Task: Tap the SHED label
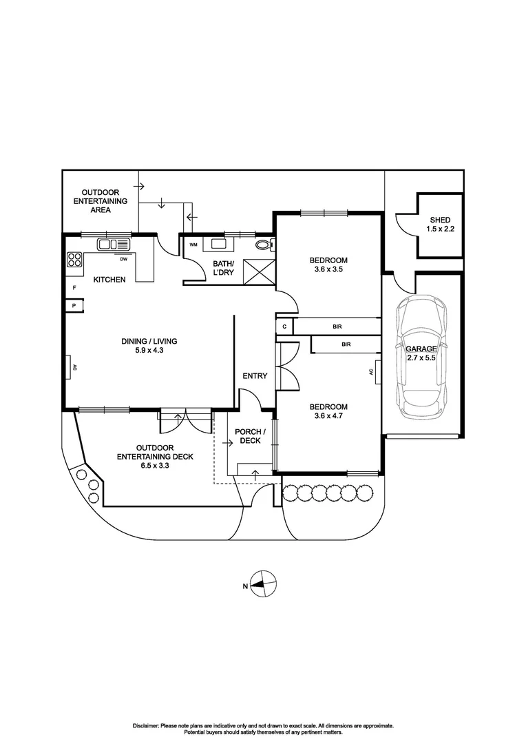(440, 220)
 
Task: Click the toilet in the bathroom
(264, 244)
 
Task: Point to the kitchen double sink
(114, 244)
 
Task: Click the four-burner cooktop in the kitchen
(75, 260)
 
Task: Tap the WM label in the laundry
(193, 245)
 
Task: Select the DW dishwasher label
(124, 260)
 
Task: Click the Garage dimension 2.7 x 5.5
(422, 358)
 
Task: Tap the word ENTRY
(255, 375)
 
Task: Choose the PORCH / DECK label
(248, 436)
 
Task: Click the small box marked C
(284, 327)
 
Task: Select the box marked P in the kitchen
(73, 304)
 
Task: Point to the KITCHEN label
(110, 280)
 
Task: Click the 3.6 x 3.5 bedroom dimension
(328, 270)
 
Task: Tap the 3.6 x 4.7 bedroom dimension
(328, 417)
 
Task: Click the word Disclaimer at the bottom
(145, 725)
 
